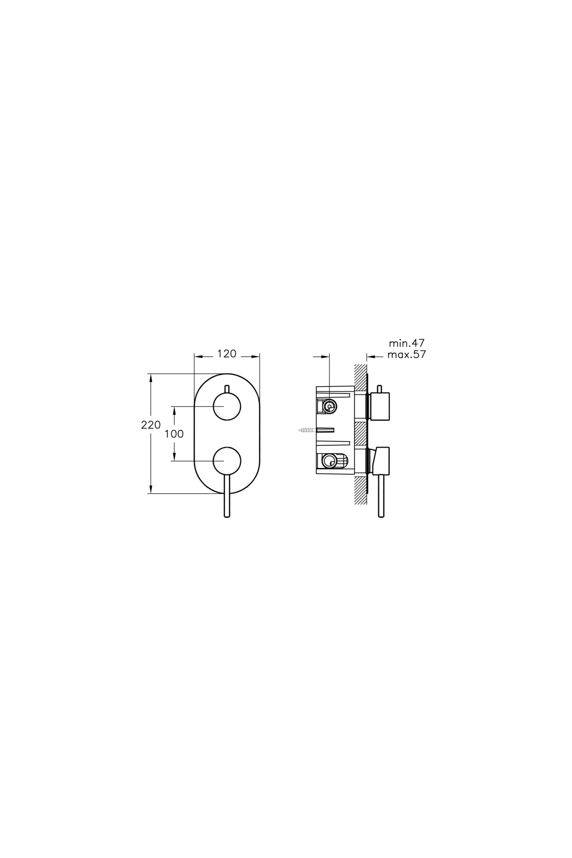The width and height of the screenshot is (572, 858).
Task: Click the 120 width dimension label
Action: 227,354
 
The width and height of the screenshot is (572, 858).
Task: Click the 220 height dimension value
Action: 151,425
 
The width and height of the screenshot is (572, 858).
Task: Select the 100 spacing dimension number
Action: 174,434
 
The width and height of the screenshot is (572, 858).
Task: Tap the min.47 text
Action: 406,343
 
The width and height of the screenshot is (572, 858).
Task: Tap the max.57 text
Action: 406,355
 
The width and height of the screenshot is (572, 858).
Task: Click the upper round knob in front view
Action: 227,407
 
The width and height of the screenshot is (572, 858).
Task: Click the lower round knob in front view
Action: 227,461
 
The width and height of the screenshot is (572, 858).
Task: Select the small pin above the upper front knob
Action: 227,389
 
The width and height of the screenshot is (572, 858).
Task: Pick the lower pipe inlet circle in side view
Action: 328,461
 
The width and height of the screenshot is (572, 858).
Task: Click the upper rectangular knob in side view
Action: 380,407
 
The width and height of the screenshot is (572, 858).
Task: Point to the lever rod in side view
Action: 381,496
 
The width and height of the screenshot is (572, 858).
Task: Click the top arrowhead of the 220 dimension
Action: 151,377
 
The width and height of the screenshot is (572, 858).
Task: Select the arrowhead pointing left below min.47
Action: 369,356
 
